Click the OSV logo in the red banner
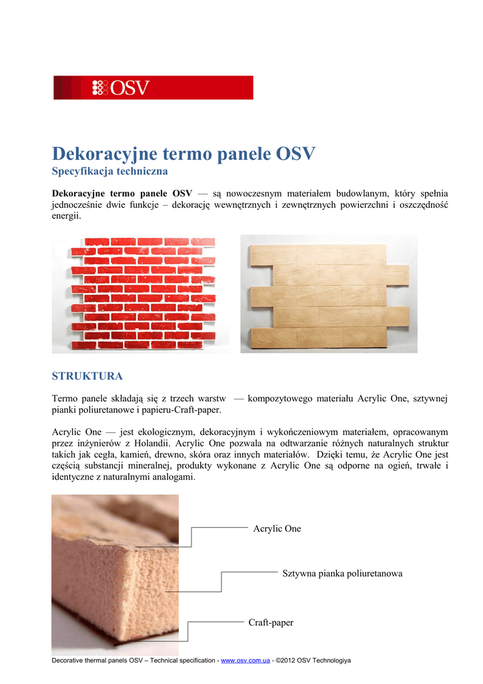click(x=121, y=88)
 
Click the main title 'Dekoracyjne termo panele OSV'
click(x=183, y=154)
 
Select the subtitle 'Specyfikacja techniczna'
click(x=110, y=172)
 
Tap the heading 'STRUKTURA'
click(x=87, y=376)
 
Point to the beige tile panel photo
click(x=330, y=293)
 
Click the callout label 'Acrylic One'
click(x=277, y=528)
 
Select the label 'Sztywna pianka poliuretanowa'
click(x=342, y=573)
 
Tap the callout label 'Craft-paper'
click(x=271, y=623)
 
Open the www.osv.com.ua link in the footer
click(x=245, y=661)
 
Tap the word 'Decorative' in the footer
click(x=68, y=661)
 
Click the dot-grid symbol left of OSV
click(x=99, y=88)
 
